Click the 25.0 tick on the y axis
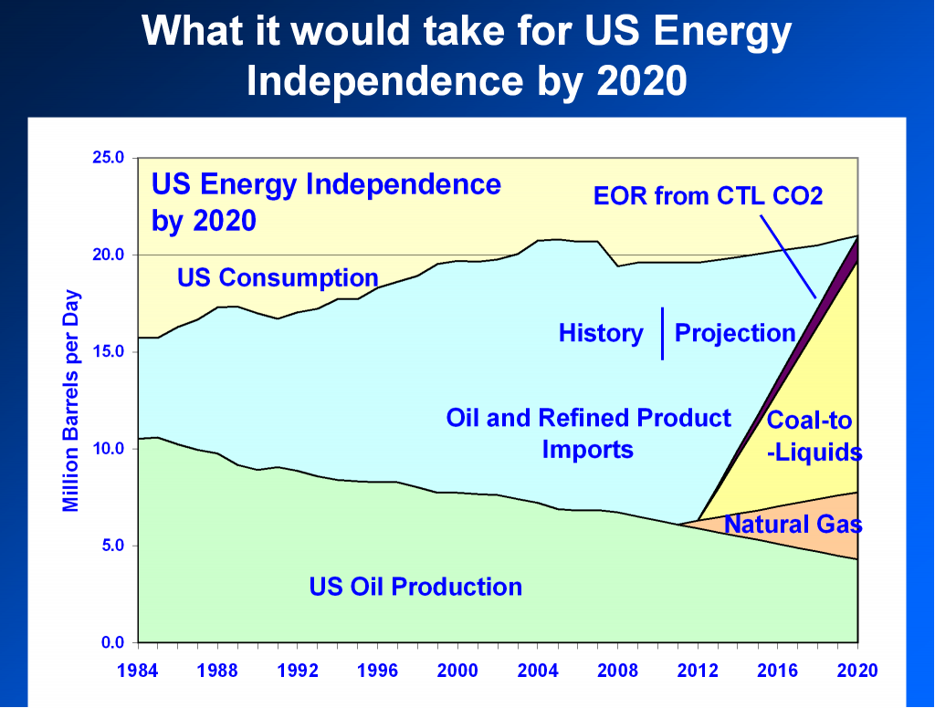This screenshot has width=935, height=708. [107, 157]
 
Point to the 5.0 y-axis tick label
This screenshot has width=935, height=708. [110, 546]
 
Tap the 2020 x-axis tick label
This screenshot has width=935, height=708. [856, 671]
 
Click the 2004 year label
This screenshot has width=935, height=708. [538, 671]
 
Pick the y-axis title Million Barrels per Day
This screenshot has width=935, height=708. [71, 401]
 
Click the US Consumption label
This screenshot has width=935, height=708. [278, 276]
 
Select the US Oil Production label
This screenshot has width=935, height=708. [415, 586]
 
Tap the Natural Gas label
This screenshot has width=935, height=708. [793, 524]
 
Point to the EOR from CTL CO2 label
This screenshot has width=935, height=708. [708, 195]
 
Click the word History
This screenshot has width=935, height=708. [601, 333]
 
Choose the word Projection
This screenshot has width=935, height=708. [734, 333]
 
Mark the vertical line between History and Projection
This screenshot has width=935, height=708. [663, 334]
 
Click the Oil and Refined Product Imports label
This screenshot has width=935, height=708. [588, 433]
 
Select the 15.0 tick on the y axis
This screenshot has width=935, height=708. [107, 351]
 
